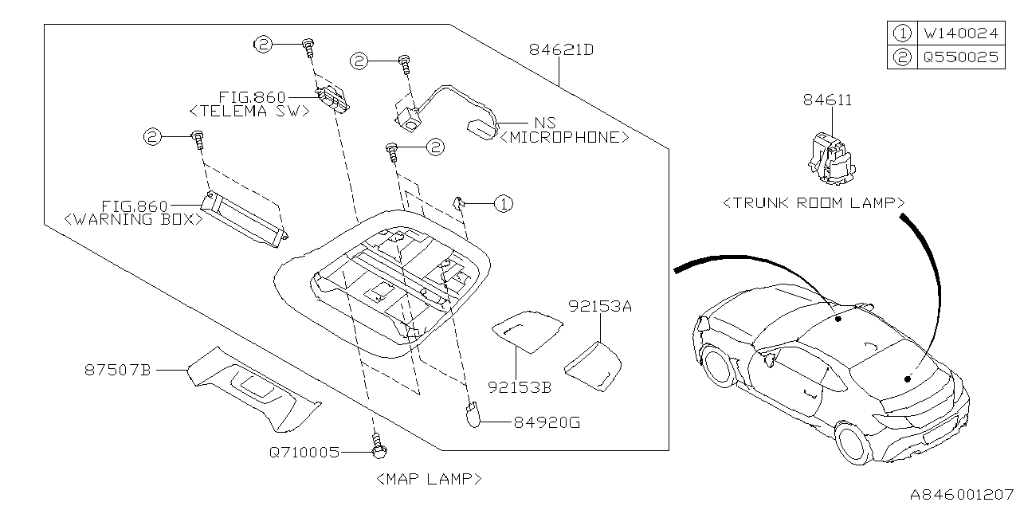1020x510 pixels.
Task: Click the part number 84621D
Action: (561, 50)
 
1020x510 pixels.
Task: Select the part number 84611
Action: (827, 100)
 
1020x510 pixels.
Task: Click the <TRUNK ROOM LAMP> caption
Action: (813, 203)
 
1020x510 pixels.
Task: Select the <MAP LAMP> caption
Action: (428, 479)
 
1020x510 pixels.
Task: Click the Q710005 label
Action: (304, 453)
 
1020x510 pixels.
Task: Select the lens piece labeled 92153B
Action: (526, 329)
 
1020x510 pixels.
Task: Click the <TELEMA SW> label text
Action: (249, 112)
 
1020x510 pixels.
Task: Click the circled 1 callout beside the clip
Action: (502, 205)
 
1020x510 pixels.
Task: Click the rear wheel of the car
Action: (855, 442)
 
